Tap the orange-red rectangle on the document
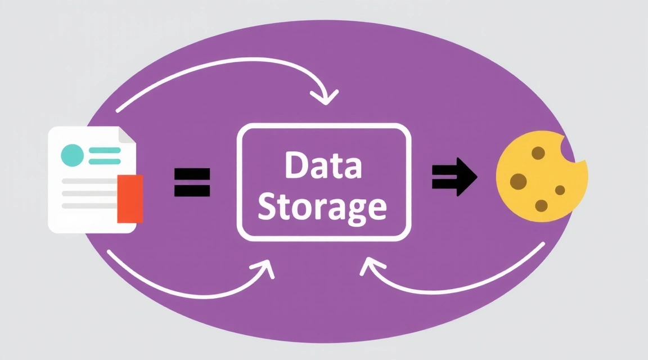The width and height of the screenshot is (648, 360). (x=130, y=198)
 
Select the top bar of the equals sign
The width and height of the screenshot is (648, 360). (x=192, y=173)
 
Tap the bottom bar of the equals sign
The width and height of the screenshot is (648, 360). (x=192, y=191)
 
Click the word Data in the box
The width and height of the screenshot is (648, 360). (x=323, y=166)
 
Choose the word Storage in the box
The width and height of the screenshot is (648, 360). (x=322, y=206)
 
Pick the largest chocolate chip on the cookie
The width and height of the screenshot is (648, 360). (x=518, y=181)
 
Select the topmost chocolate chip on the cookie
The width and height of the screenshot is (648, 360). (x=538, y=152)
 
